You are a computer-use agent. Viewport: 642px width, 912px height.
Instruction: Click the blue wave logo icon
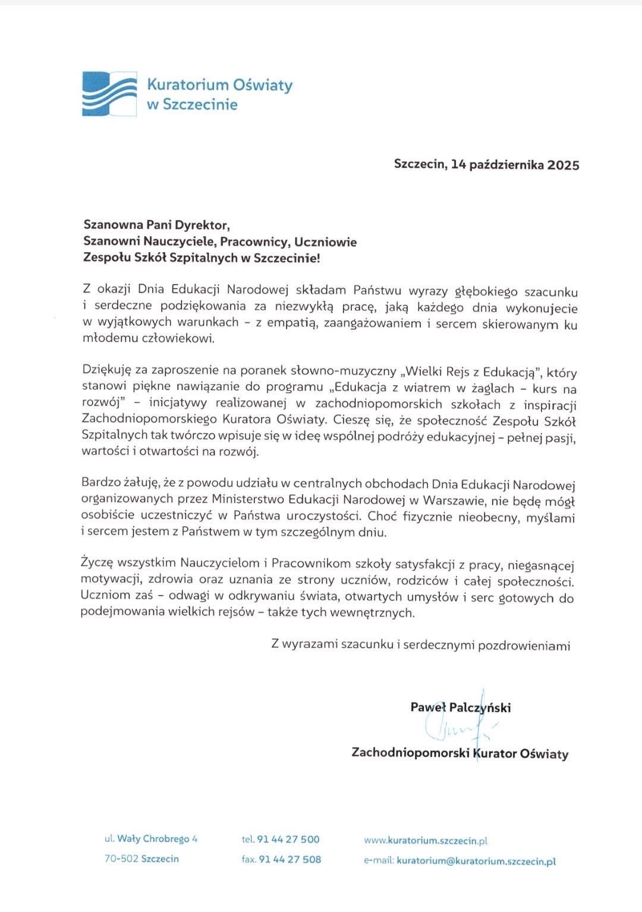click(x=109, y=93)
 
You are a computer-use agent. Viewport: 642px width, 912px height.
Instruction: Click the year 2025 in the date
click(x=564, y=165)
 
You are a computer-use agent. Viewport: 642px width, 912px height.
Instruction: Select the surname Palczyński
click(x=480, y=707)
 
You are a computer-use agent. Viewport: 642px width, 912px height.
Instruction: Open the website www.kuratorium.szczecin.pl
click(x=426, y=841)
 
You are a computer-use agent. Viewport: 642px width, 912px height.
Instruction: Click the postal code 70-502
click(x=121, y=858)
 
